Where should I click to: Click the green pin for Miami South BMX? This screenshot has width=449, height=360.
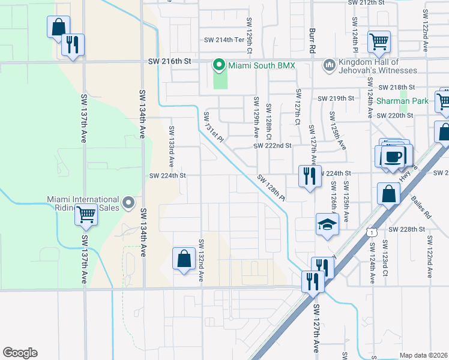tap(219, 65)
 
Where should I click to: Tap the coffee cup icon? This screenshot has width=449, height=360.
tap(394, 157)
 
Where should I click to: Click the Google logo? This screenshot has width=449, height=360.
tap(20, 353)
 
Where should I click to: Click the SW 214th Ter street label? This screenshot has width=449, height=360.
tap(226, 40)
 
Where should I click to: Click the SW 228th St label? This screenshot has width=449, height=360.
tap(406, 229)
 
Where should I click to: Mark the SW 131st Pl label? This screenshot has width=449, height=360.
tap(213, 127)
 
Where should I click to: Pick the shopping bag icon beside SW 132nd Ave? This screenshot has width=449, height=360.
tap(184, 259)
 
